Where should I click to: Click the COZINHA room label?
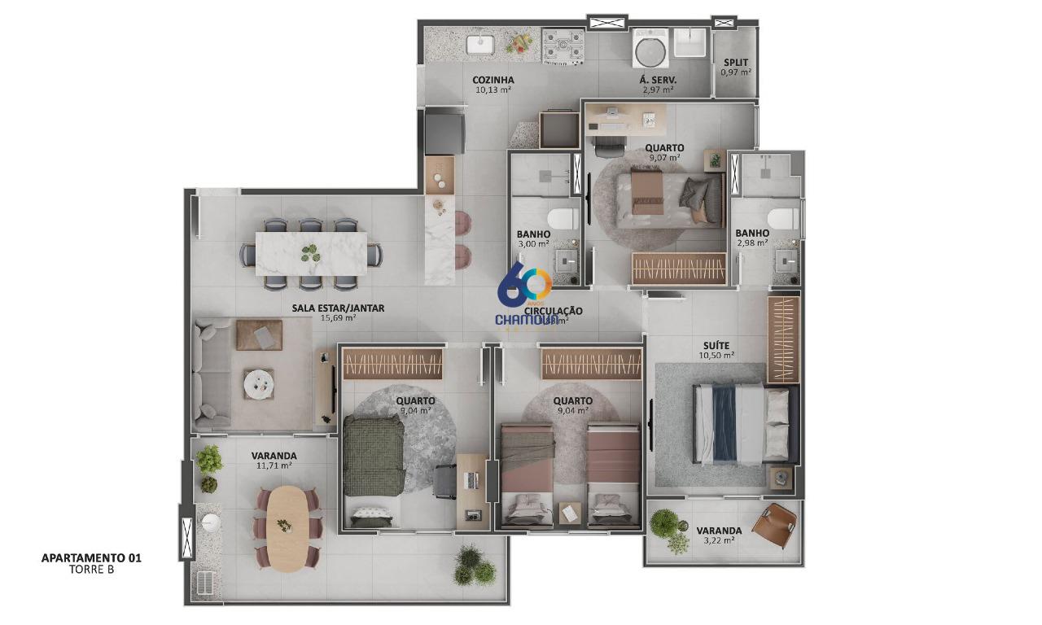point(493,80)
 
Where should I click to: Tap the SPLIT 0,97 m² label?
point(735,68)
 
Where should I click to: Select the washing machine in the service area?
point(650,49)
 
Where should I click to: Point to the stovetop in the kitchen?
point(563,46)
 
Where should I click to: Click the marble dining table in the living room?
point(311,253)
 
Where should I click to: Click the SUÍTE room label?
point(716,345)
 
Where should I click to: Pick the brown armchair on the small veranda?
point(773,522)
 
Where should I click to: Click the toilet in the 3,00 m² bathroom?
point(563,218)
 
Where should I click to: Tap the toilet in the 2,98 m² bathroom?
point(784,218)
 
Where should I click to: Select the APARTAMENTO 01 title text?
point(91,558)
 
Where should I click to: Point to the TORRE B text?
point(91,570)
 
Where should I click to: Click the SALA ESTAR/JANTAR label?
point(338,308)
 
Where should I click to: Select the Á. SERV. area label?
point(659,80)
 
